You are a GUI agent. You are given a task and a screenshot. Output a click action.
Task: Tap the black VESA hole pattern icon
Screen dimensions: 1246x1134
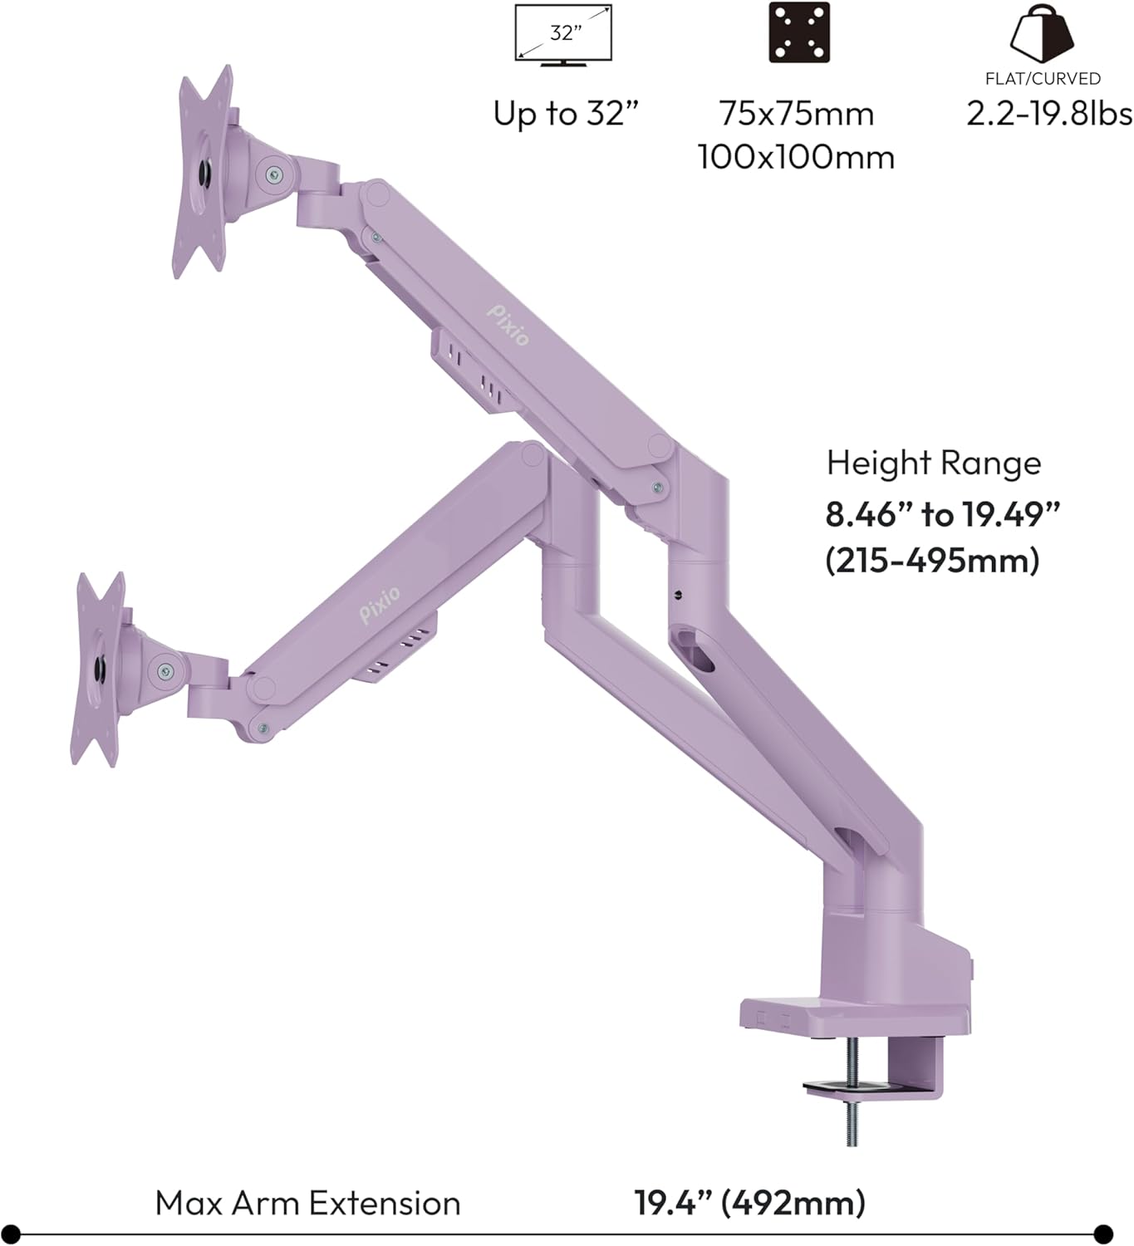point(799,32)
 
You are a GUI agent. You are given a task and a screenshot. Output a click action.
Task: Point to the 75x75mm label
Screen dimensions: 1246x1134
point(797,114)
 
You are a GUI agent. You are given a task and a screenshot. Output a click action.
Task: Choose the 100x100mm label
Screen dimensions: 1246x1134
point(796,157)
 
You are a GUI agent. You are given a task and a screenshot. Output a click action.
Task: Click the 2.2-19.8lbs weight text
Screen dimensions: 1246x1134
point(1049,114)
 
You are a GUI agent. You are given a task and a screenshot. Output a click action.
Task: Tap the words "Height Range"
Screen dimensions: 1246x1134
point(933,463)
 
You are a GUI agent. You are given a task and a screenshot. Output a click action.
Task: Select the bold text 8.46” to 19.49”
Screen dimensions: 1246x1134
point(943,515)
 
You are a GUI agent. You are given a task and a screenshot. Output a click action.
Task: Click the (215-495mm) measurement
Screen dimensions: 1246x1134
point(932,561)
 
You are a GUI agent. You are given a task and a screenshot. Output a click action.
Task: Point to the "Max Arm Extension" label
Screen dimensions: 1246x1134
point(307,1203)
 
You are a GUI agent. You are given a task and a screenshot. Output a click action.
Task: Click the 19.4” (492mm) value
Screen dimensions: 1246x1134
point(749,1203)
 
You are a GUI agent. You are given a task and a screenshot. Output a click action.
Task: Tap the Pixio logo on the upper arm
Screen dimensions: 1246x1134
point(508,324)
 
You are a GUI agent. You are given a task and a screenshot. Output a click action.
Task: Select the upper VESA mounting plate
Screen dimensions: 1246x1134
point(203,173)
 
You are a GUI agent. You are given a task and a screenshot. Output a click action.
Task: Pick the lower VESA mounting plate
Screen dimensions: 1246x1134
point(99,669)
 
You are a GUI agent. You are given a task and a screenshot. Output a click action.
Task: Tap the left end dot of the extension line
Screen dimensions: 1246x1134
point(9,1234)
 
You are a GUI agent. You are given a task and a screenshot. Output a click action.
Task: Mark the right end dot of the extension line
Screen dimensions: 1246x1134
point(1103,1234)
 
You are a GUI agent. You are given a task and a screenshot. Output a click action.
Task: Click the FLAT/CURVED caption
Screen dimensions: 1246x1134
point(1043,79)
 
